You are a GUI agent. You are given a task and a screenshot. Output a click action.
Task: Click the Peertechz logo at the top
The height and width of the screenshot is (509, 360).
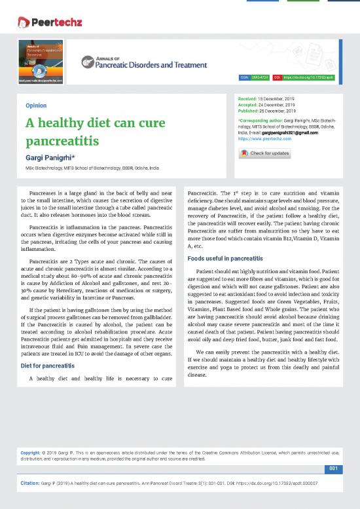pos(49,22)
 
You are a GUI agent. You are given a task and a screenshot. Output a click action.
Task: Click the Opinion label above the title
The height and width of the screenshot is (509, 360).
pos(35,105)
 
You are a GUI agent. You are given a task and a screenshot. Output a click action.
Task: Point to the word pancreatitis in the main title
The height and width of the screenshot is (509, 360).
pos(62,141)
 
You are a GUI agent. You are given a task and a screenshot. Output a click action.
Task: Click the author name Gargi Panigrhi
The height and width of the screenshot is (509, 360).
pos(51,158)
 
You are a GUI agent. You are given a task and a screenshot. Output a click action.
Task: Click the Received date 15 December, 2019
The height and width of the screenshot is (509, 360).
pos(276,99)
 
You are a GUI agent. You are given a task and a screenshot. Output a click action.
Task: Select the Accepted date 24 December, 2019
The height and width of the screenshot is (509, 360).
pos(275,105)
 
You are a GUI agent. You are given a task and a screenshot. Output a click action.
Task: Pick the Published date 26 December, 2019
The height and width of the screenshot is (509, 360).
pos(276,111)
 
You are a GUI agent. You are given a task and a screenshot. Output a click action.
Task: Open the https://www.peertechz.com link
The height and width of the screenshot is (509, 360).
pos(265,139)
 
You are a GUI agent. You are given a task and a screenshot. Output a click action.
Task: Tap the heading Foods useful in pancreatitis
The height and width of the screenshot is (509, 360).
pos(225,258)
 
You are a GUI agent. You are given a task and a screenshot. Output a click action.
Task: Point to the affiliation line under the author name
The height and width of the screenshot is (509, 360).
pos(92,168)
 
